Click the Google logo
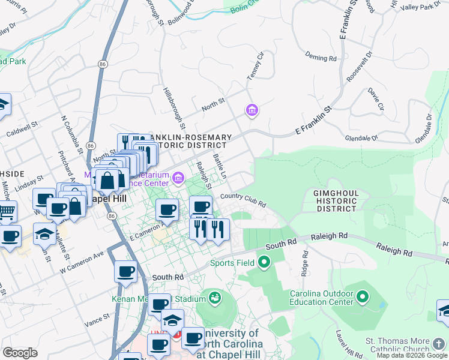pyautogui.click(x=20, y=353)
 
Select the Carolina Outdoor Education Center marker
pyautogui.click(x=362, y=296)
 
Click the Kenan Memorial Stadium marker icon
pyautogui.click(x=213, y=297)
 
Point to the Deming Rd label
pyautogui.click(x=321, y=58)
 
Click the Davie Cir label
pyautogui.click(x=376, y=100)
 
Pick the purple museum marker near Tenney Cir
pyautogui.click(x=252, y=110)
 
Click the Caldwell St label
pyautogui.click(x=22, y=128)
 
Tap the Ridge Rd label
pyautogui.click(x=305, y=260)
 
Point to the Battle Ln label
pyautogui.click(x=220, y=166)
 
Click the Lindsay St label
pyautogui.click(x=31, y=183)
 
